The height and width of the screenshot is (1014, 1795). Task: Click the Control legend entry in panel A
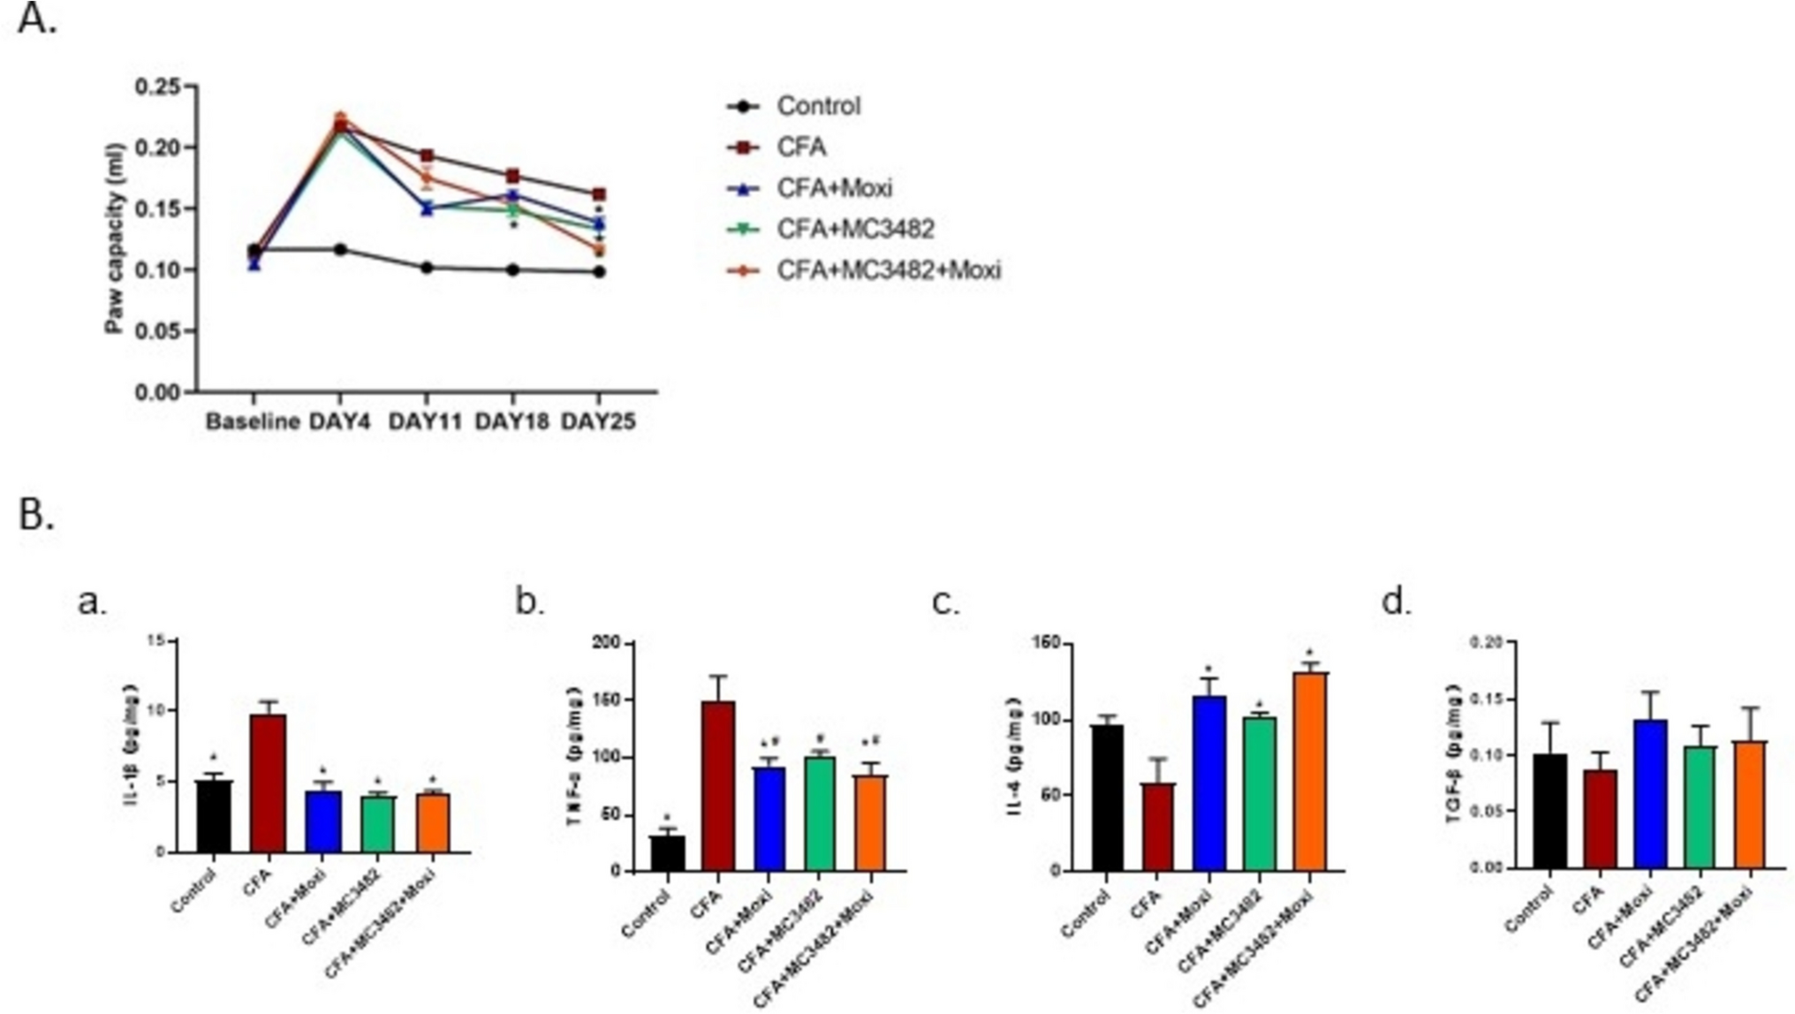[x=817, y=107]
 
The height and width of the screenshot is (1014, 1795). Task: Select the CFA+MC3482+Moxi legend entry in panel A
[x=888, y=270]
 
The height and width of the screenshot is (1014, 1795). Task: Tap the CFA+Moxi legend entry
[x=834, y=188]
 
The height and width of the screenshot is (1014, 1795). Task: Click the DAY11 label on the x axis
[x=426, y=422]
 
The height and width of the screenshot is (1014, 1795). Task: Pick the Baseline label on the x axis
[x=253, y=422]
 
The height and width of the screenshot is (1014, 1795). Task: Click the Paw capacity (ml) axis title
[x=115, y=238]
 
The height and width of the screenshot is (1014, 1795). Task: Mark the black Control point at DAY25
[x=599, y=272]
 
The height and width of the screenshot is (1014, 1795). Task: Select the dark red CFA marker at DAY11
[x=427, y=155]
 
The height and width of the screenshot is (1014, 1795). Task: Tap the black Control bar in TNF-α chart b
[x=668, y=853]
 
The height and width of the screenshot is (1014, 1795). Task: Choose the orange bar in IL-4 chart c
[x=1311, y=771]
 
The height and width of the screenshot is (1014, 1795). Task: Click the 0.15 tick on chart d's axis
[x=1486, y=699]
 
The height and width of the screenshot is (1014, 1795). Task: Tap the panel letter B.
[x=35, y=515]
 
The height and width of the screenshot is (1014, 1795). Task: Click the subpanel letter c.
[x=946, y=602]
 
